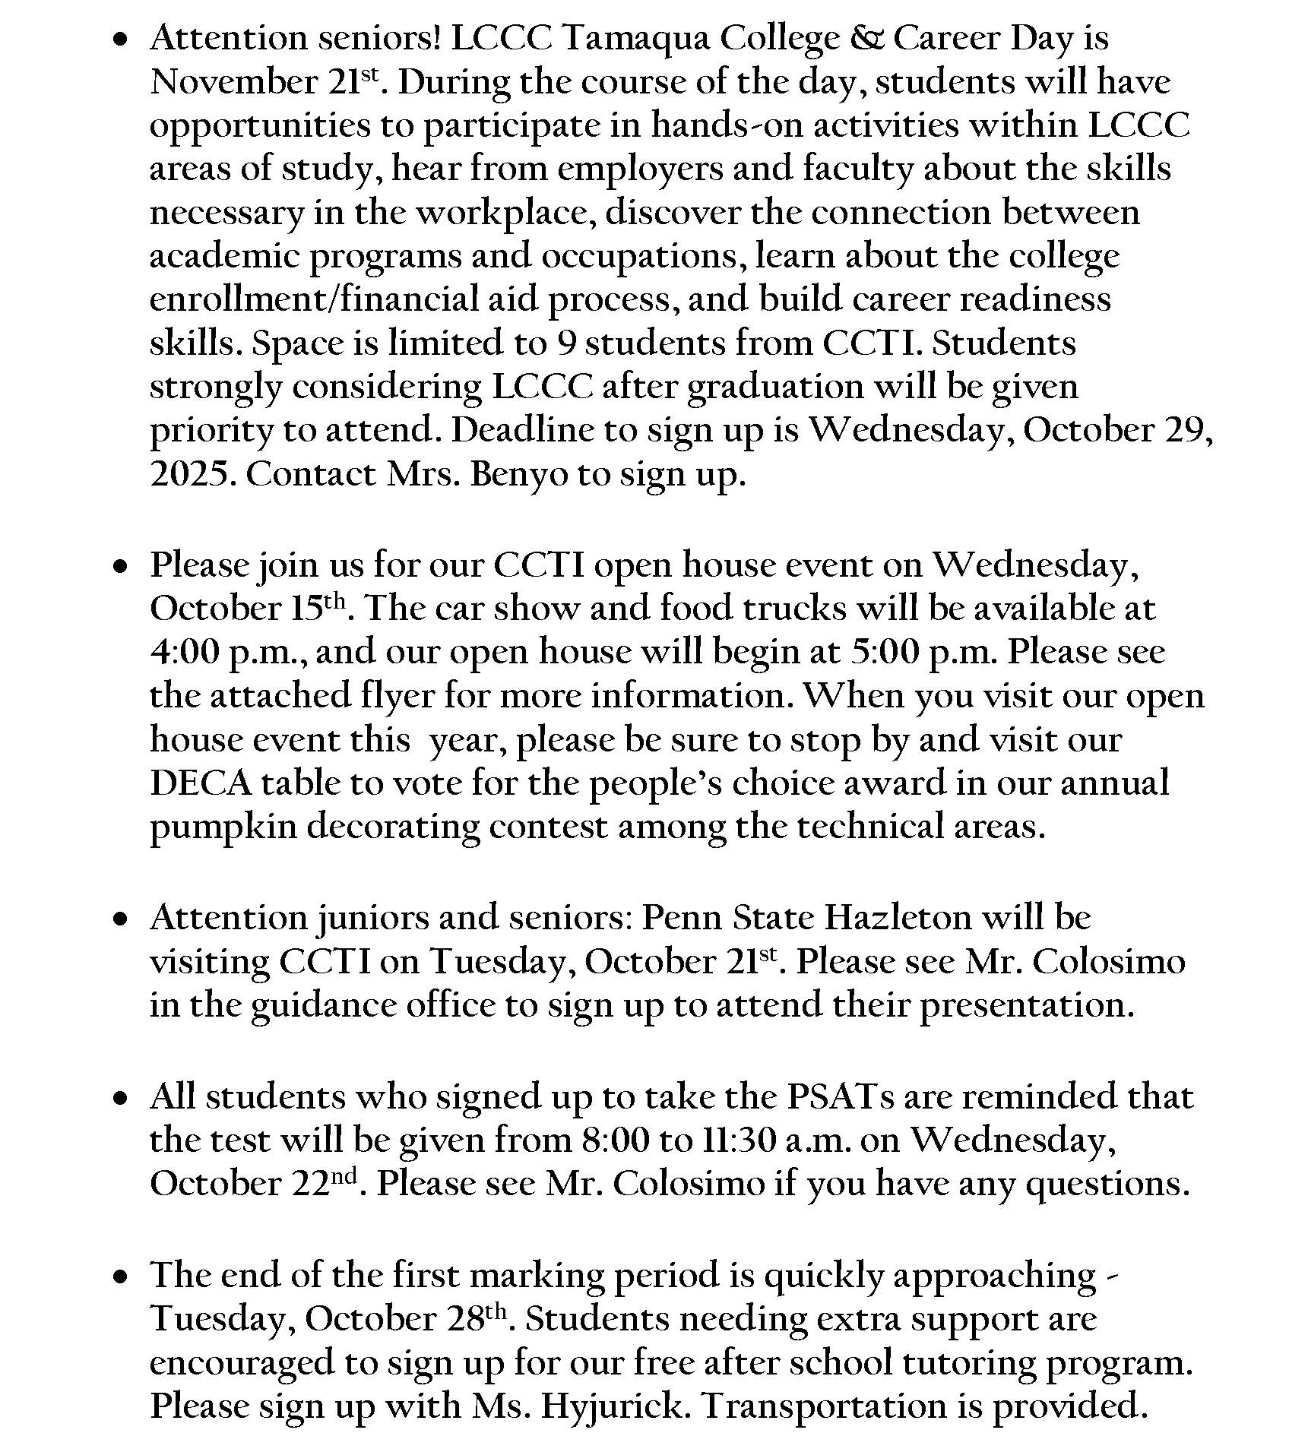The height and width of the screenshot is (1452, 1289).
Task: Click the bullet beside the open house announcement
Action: click(x=120, y=566)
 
